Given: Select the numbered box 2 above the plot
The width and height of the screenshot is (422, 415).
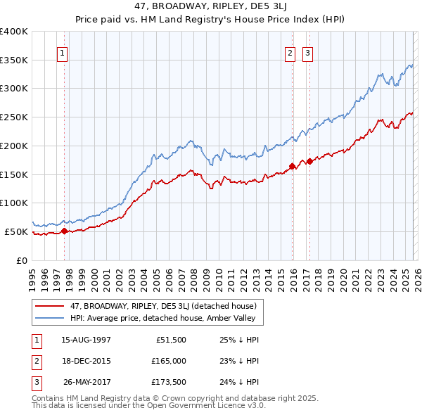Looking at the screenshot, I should tap(290, 52).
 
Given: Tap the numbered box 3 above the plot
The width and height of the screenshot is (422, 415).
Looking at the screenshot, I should tap(308, 52).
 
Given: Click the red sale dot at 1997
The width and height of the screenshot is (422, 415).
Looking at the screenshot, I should tap(64, 230).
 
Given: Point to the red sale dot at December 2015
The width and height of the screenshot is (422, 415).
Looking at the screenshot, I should tap(292, 166).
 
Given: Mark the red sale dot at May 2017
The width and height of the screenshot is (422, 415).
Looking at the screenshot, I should tap(309, 161).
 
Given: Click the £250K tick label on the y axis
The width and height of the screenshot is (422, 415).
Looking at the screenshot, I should tap(14, 117).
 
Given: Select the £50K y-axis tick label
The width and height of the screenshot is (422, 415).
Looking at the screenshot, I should tap(16, 231).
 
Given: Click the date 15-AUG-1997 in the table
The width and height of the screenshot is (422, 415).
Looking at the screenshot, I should tap(86, 340).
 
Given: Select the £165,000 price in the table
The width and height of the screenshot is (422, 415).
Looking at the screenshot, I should tap(168, 361).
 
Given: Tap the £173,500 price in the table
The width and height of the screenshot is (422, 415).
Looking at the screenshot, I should tap(168, 382).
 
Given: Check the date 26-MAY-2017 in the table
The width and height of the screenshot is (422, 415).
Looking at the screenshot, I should tap(86, 382).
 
